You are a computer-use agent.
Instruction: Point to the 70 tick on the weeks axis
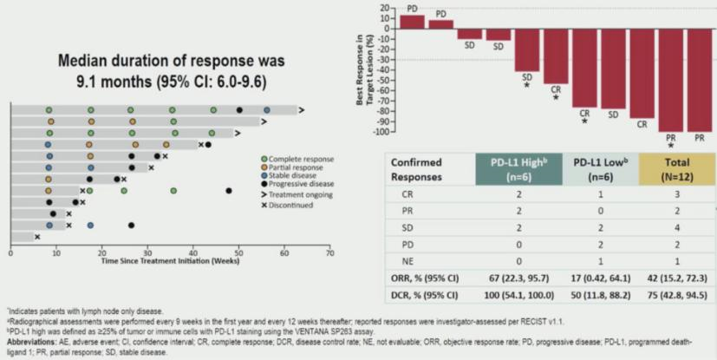point(329,253)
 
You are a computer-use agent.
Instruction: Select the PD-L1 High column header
point(518,168)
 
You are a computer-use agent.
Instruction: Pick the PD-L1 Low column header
point(600,168)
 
